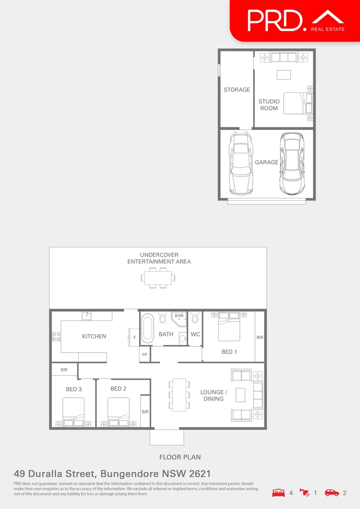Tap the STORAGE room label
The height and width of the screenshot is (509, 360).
[x=237, y=90]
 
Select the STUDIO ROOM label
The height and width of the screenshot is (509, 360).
[x=269, y=105]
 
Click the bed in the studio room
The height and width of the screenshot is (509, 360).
[x=297, y=103]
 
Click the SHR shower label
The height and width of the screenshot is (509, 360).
[x=179, y=316]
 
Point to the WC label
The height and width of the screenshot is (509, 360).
[x=195, y=334]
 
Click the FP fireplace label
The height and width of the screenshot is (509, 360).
[x=144, y=355]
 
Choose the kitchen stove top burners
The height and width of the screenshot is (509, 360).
[x=56, y=337]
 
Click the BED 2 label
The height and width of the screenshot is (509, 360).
[x=118, y=389]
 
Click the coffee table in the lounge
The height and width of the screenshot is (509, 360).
[x=240, y=395]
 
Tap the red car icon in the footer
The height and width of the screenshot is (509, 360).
[x=332, y=493]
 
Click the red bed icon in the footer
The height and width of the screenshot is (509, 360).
[x=278, y=493]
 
